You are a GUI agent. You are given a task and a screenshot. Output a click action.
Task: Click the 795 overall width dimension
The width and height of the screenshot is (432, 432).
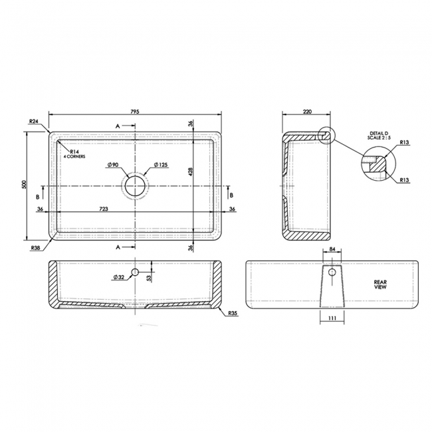(135, 112)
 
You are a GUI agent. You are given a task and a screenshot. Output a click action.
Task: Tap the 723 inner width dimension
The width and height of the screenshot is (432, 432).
(104, 209)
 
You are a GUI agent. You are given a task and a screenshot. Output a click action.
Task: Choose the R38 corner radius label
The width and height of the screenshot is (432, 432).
(35, 247)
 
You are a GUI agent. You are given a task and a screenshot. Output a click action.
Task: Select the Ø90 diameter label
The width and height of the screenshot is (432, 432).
(112, 165)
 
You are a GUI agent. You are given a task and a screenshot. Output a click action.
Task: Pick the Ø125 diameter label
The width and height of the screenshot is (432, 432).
(160, 165)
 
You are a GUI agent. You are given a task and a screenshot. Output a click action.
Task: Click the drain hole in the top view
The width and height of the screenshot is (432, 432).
(135, 185)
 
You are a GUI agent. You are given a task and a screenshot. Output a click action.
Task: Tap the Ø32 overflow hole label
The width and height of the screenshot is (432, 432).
(119, 276)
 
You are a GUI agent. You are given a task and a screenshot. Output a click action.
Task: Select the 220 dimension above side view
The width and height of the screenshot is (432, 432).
(306, 112)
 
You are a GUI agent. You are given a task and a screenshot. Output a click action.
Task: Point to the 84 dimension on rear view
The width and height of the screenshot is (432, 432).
(332, 251)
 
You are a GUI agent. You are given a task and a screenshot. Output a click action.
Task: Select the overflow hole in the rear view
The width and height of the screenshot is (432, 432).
(332, 272)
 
